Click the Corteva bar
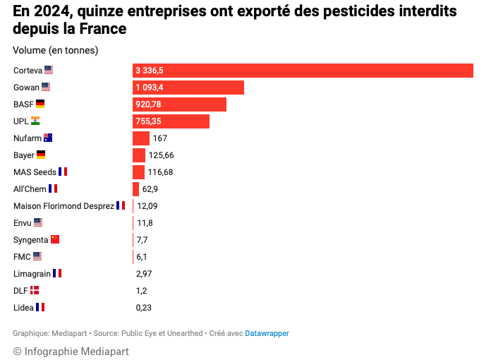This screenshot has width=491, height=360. pyautogui.click(x=303, y=71)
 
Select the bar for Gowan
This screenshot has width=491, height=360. pyautogui.click(x=188, y=88)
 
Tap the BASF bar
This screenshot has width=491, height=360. pyautogui.click(x=179, y=104)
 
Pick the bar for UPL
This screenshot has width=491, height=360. pyautogui.click(x=171, y=121)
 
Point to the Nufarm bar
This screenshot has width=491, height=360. pyautogui.click(x=141, y=138)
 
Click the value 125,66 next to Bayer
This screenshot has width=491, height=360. pyautogui.click(x=161, y=155)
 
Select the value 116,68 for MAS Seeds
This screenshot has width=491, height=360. pyautogui.click(x=160, y=172)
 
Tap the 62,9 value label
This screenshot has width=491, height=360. pyautogui.click(x=150, y=189)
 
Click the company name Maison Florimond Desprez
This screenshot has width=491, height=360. pyautogui.click(x=63, y=205)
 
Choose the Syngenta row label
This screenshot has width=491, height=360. pyautogui.click(x=30, y=240)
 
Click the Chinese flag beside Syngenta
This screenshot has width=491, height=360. pyautogui.click(x=55, y=239)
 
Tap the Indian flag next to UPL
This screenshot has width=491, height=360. pyautogui.click(x=35, y=121)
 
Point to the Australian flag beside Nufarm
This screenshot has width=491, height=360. pyautogui.click(x=48, y=138)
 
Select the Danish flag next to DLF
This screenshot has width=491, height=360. pyautogui.click(x=35, y=290)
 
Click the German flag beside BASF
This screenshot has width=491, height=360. pyautogui.click(x=40, y=104)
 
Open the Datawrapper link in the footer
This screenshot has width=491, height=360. pyautogui.click(x=267, y=333)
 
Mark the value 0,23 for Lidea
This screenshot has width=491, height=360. pyautogui.click(x=144, y=308)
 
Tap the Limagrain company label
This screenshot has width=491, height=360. pyautogui.click(x=32, y=273)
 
